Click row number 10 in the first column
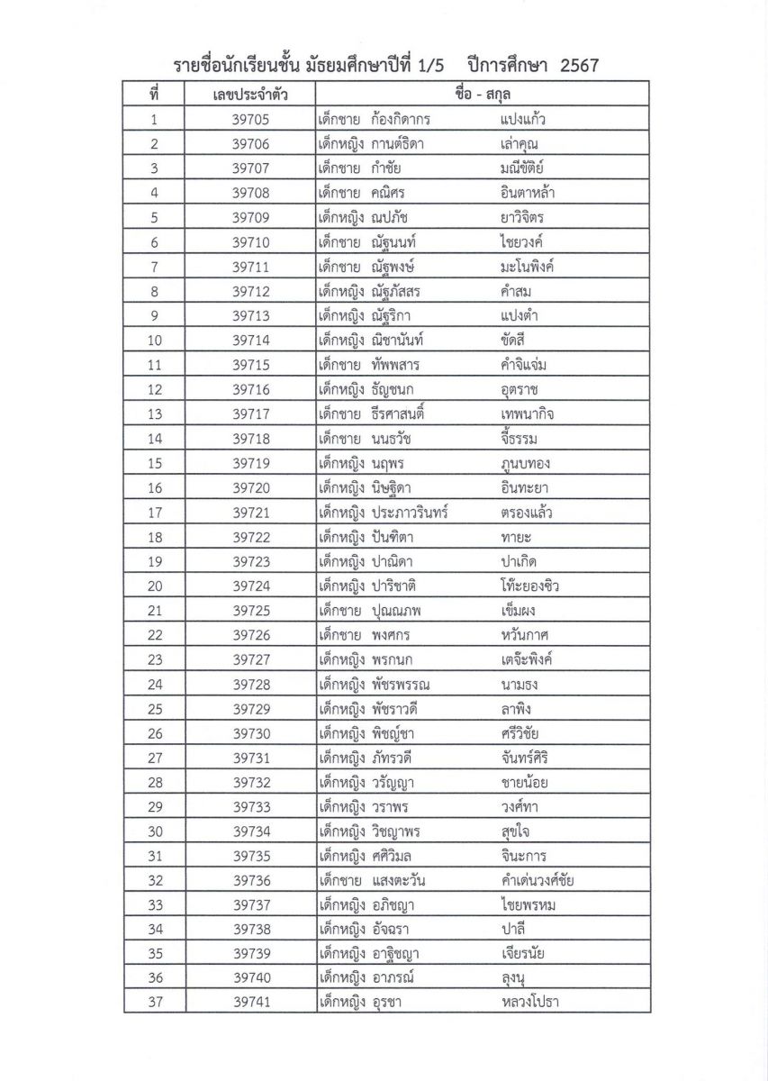[154, 340]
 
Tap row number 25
[154, 708]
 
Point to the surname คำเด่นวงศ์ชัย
[537, 880]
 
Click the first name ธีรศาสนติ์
[397, 413]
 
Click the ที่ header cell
[154, 95]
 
